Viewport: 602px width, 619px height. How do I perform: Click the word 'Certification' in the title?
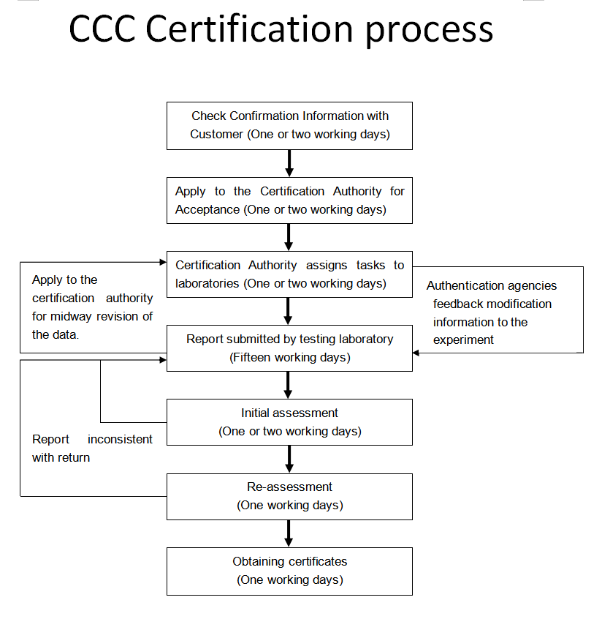[249, 29]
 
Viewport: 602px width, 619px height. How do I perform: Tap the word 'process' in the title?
[430, 32]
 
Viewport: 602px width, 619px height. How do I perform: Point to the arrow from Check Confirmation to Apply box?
[289, 163]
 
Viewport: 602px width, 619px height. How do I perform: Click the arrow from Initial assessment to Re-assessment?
[289, 459]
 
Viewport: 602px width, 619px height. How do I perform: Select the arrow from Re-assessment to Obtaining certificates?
[289, 533]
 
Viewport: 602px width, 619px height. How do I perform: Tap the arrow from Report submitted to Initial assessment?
[288, 386]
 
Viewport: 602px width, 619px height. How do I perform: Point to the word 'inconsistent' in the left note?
[120, 439]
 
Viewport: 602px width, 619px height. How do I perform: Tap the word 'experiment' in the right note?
[463, 340]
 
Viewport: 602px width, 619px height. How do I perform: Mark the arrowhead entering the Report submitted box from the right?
[416, 353]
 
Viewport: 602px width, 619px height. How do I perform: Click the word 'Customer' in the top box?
[216, 134]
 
